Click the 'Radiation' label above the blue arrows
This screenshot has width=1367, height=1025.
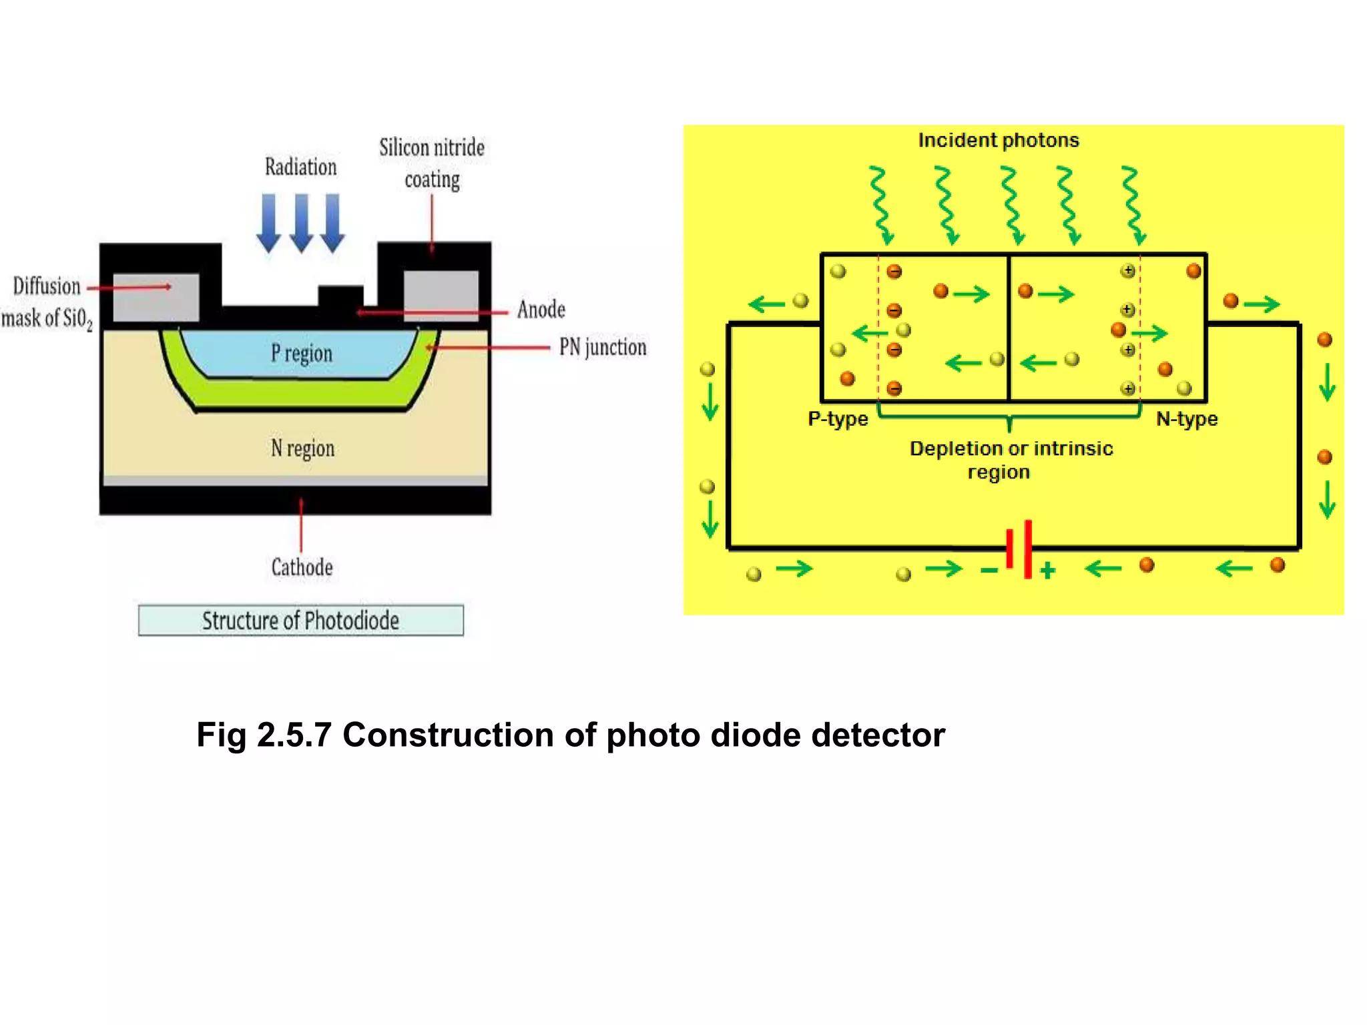pyautogui.click(x=300, y=167)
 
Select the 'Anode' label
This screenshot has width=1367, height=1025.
pyautogui.click(x=541, y=310)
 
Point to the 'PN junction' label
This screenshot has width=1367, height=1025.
pyautogui.click(x=603, y=347)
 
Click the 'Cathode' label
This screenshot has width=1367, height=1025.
pyautogui.click(x=302, y=567)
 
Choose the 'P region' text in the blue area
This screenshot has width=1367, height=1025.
pyautogui.click(x=301, y=353)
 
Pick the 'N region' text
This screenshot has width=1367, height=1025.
pyautogui.click(x=302, y=448)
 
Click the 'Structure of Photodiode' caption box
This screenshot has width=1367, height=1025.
pyautogui.click(x=300, y=621)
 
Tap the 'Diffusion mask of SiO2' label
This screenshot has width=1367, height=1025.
pyautogui.click(x=47, y=302)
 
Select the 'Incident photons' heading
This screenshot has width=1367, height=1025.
pyautogui.click(x=998, y=140)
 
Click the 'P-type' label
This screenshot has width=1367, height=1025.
pyautogui.click(x=838, y=418)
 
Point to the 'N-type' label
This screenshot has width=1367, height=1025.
pyautogui.click(x=1187, y=418)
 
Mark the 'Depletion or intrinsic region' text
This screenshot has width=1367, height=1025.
pyautogui.click(x=1011, y=460)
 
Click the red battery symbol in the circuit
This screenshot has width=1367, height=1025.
pyautogui.click(x=1019, y=549)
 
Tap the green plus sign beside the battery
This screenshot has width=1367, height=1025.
pyautogui.click(x=1048, y=570)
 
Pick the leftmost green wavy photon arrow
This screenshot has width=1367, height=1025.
pyautogui.click(x=881, y=206)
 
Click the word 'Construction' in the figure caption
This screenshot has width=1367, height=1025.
pyautogui.click(x=449, y=735)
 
